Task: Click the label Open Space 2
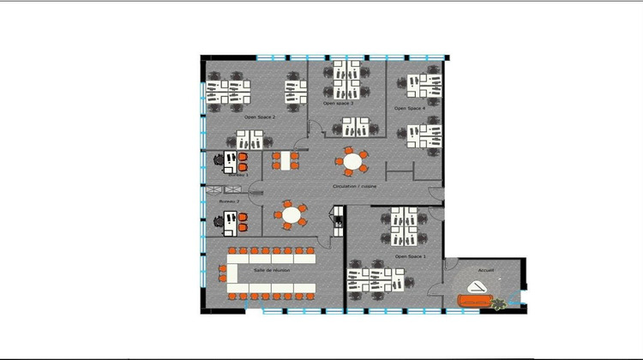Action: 260,117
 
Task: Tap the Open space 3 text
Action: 339,103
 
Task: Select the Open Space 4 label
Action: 410,109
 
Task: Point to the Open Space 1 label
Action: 411,256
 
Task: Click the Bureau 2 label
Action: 229,201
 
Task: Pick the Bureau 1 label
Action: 237,174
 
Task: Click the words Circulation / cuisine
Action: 354,186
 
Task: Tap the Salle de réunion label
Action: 272,270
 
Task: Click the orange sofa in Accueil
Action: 474,300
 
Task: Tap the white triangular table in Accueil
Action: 477,286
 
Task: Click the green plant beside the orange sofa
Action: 498,301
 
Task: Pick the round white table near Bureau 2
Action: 292,214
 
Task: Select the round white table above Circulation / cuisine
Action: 352,160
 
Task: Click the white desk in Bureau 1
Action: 228,161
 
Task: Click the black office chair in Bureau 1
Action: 229,158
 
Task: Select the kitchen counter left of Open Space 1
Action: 339,221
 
